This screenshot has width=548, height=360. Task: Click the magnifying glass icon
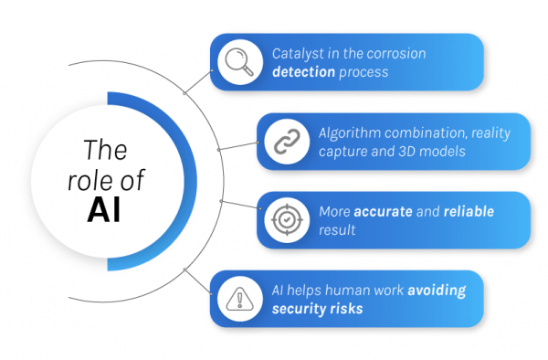point(239,62)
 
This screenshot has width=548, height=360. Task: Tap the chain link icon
point(285,142)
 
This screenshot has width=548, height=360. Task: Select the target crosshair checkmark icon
point(285,220)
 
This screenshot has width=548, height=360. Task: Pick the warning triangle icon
point(239,299)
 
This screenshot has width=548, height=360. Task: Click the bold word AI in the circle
point(104,209)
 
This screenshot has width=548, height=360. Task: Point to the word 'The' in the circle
point(104,149)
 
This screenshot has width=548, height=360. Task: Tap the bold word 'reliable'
point(469,212)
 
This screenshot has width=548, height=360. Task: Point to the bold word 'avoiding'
point(436,291)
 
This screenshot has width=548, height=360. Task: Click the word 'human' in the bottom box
point(332,291)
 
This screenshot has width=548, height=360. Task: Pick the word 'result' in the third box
point(336,229)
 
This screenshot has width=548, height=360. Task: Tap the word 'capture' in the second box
point(342,150)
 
